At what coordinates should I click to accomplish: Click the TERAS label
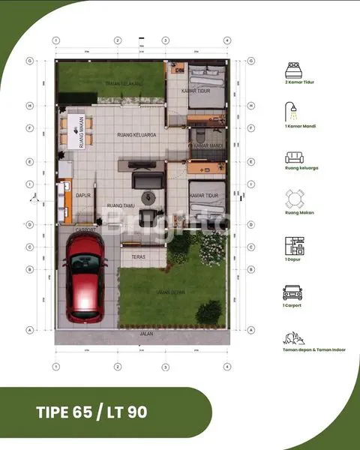click(x=138, y=257)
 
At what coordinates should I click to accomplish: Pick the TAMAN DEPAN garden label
click(x=171, y=292)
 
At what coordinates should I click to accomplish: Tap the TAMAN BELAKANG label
click(x=124, y=83)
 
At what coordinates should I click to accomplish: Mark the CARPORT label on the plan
click(x=85, y=230)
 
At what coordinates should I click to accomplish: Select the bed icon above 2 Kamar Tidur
click(x=293, y=73)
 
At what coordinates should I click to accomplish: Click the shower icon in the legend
click(x=293, y=115)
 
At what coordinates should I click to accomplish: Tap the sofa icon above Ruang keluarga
click(x=293, y=157)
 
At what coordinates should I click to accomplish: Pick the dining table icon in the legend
click(x=293, y=199)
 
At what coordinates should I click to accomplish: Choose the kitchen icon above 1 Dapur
click(x=293, y=247)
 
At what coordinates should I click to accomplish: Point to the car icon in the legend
click(x=293, y=292)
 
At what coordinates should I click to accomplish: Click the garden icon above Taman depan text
click(x=293, y=339)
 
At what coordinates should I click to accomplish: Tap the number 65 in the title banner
click(x=83, y=412)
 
